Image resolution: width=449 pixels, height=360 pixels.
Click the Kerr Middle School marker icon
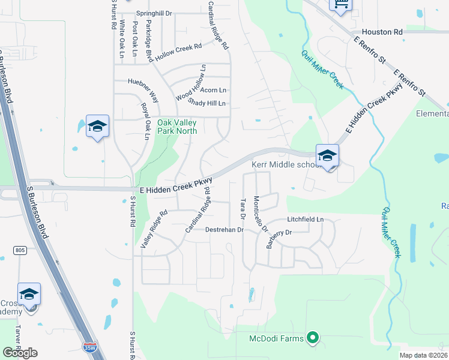(328, 155)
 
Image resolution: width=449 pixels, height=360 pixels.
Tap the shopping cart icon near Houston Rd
(340, 5)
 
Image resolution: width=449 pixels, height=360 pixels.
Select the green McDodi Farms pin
(312, 338)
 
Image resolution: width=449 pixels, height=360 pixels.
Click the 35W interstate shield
(89, 347)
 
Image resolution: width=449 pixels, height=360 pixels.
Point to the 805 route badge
(20, 250)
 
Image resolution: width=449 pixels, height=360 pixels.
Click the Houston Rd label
(382, 32)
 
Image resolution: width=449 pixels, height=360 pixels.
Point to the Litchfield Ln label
(305, 220)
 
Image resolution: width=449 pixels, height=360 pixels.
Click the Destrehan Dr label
(224, 230)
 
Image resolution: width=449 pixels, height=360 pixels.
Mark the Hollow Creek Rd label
(178, 52)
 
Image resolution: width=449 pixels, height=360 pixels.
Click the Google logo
(20, 353)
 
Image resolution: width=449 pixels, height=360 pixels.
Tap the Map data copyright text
(423, 355)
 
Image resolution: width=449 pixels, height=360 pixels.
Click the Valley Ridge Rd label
(154, 230)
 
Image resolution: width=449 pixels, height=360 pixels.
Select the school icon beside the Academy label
(29, 294)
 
